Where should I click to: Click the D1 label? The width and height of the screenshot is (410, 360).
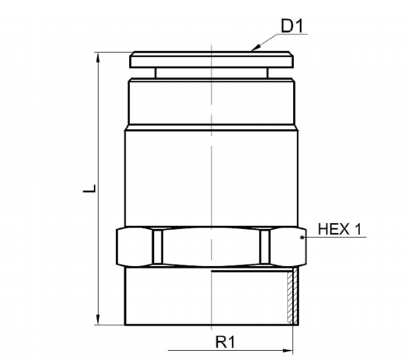(x=292, y=26)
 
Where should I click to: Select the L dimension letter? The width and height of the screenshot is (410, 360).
(x=90, y=189)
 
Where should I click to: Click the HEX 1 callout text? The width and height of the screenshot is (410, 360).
(x=340, y=229)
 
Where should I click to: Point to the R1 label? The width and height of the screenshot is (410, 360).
(x=226, y=342)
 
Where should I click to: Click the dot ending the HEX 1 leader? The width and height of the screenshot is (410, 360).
(x=302, y=237)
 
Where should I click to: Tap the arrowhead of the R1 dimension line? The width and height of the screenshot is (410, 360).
(x=287, y=351)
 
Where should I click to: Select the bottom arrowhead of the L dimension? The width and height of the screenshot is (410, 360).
(x=99, y=320)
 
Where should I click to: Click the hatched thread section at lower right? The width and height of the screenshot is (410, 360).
(x=292, y=297)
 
